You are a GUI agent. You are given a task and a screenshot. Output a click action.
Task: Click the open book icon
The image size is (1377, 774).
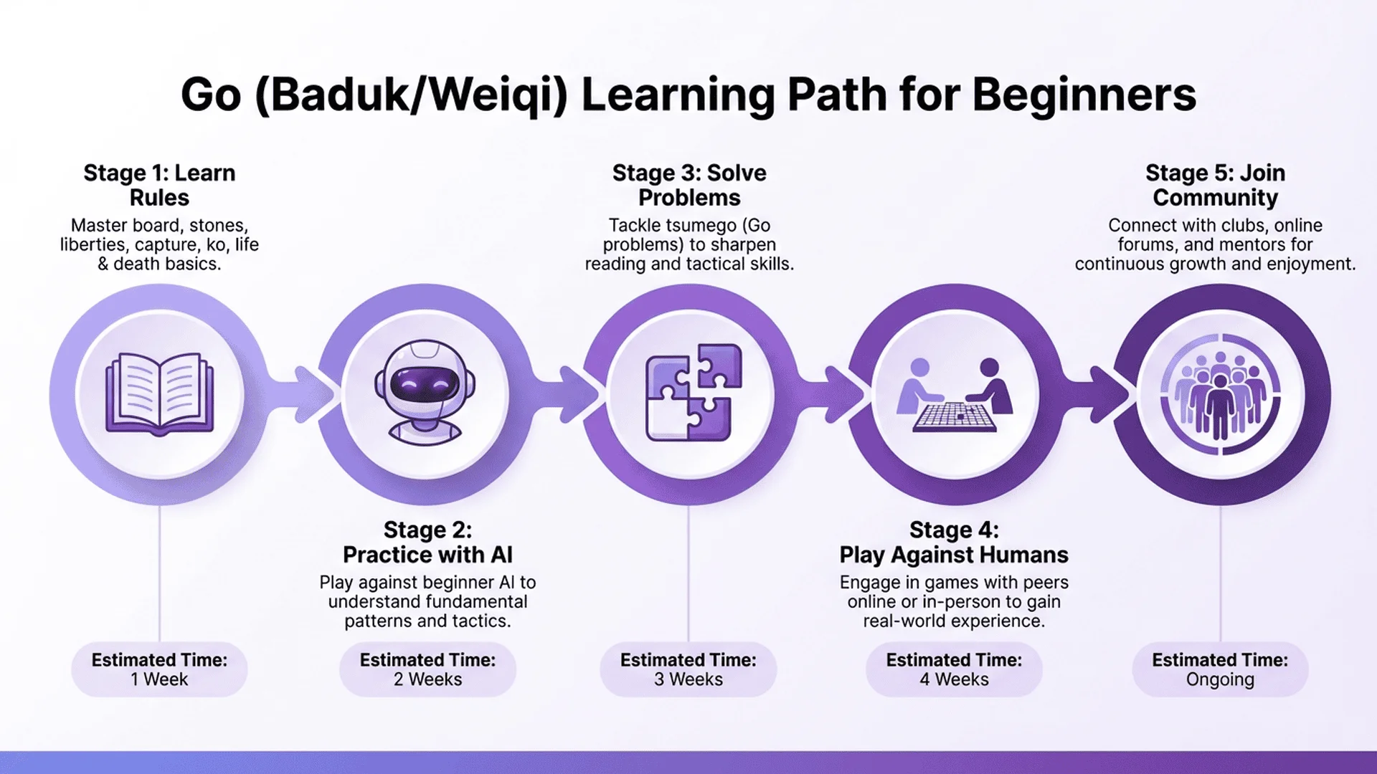point(159,393)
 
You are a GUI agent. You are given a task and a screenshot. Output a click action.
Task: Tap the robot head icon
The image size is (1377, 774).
point(425,393)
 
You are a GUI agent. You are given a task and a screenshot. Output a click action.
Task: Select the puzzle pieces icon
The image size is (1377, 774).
point(693,393)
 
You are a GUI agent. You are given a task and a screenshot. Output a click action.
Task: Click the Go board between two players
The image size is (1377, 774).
point(955,416)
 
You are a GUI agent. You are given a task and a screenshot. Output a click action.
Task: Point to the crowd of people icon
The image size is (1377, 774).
point(1220,394)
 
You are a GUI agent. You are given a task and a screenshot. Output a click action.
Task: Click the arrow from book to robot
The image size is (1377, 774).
point(305,393)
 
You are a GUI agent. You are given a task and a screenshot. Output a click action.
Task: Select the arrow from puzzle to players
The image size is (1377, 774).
point(836,393)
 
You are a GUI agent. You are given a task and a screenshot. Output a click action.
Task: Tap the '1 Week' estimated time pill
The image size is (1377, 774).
point(159,669)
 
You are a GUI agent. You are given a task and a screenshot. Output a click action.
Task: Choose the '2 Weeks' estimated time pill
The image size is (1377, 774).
point(427,669)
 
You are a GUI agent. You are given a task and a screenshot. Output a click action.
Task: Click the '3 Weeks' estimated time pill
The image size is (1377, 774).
point(688,669)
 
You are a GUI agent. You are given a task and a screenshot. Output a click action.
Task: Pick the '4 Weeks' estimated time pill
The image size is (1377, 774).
point(954,669)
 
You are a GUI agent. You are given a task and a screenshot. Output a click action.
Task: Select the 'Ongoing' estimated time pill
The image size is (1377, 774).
point(1220,669)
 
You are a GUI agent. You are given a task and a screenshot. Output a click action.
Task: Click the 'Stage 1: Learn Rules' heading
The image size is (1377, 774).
point(159,185)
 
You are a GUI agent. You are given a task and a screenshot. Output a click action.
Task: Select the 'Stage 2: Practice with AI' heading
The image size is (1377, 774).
point(427,542)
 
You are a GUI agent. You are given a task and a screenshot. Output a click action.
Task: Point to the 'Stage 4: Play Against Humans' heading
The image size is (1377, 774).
point(954,542)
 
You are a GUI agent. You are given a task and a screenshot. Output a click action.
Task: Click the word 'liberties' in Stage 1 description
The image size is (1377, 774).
point(93,244)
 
